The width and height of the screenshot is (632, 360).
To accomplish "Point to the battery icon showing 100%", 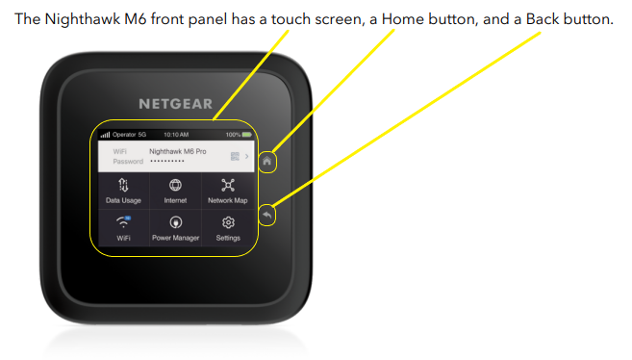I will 244,135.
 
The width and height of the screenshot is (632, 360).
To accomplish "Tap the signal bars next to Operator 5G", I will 105,135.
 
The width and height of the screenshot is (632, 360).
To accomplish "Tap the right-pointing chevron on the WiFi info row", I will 245,156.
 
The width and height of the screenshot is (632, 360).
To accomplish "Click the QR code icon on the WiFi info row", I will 233,156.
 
